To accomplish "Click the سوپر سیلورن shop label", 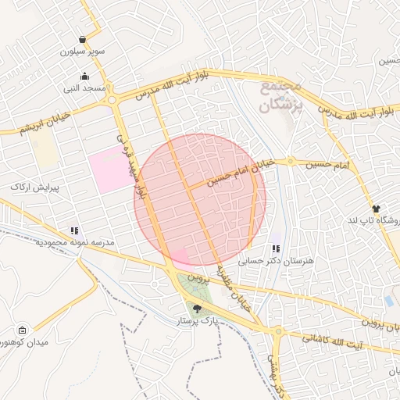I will click(x=84, y=52).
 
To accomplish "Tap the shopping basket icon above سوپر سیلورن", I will click(x=83, y=40).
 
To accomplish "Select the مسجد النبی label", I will click(x=84, y=89).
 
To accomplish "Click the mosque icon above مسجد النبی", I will click(x=84, y=77).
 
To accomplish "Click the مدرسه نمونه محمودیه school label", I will click(x=75, y=242).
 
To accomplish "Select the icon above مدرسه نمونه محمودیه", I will click(x=74, y=230).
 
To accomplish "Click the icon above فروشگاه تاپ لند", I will click(x=377, y=209).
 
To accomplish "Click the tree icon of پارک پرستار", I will click(x=196, y=309).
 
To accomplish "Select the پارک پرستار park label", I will click(x=196, y=321).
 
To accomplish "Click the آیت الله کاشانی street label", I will click(x=332, y=341).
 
